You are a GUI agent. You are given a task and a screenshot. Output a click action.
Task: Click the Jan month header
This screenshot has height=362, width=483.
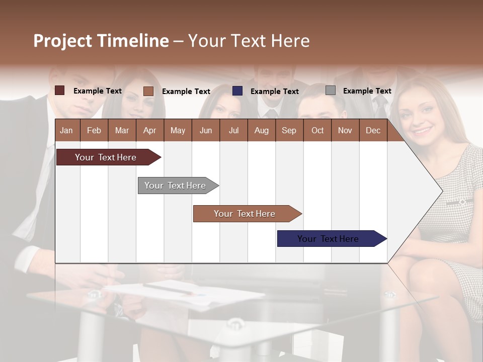[x=66, y=130]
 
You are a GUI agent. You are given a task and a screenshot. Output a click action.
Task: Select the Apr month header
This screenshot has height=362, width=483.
[x=149, y=130]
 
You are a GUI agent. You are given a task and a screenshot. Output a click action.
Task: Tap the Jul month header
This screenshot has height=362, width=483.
[x=233, y=130]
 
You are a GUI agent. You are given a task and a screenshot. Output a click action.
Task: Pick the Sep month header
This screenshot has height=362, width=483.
[x=289, y=130]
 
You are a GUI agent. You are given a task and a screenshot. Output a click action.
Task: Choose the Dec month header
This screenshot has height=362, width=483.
[x=373, y=130]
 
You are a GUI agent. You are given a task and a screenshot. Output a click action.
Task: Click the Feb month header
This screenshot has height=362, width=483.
[x=94, y=130]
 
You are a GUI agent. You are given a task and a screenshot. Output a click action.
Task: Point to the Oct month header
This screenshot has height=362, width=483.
[x=317, y=130]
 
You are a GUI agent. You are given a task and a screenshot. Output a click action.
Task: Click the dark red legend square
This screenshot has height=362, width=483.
[x=60, y=90]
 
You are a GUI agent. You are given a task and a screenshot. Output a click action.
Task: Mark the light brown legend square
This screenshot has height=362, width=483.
[x=148, y=91]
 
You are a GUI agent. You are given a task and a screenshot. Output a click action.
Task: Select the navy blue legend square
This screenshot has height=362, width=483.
[x=237, y=91]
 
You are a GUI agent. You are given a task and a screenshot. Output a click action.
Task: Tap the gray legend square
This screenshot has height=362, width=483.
[x=331, y=90]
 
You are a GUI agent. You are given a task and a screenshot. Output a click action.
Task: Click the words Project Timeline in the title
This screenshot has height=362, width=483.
[x=101, y=41]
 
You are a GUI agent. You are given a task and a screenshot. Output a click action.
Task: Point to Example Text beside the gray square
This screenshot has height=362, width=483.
[x=367, y=91]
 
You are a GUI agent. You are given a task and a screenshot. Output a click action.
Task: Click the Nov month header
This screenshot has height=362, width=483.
[x=345, y=130]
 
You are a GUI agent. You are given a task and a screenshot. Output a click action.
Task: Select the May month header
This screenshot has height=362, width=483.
[x=178, y=130]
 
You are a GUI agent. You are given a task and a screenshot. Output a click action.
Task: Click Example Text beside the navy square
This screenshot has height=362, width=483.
[x=274, y=92]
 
